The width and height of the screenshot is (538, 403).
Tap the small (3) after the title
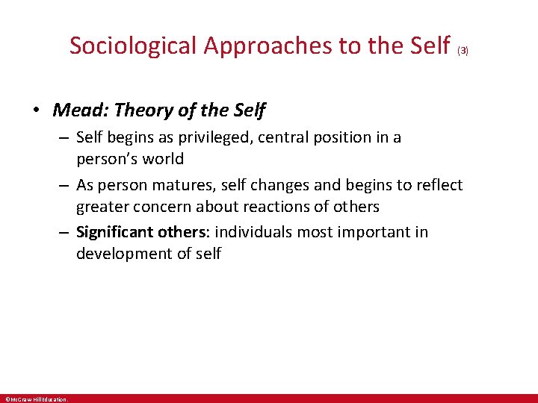click(463, 51)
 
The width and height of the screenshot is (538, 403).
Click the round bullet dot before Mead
click(36, 111)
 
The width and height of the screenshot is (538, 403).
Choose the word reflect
click(436, 185)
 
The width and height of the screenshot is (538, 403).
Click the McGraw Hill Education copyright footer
click(35, 399)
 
